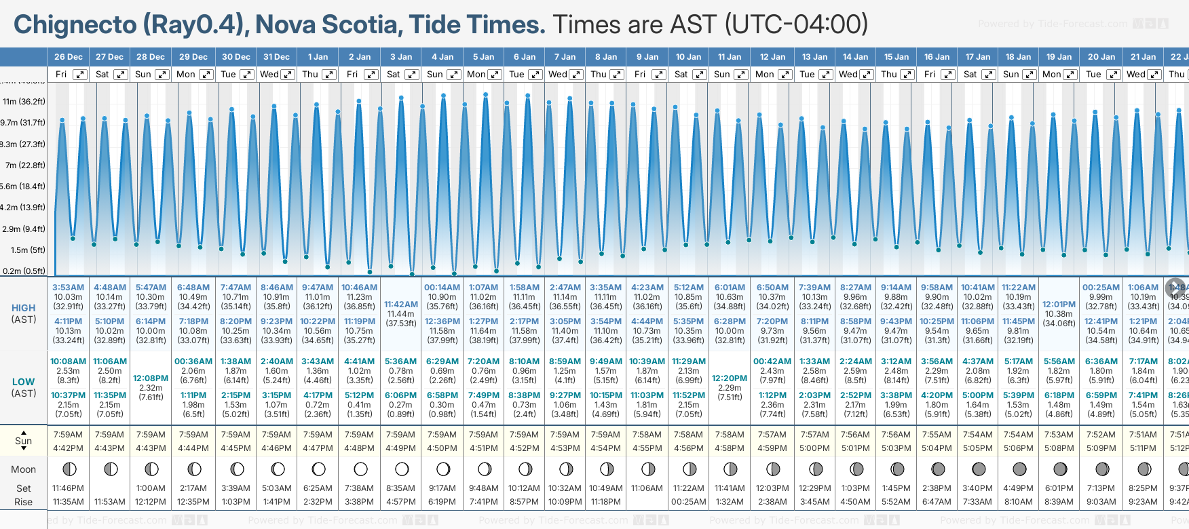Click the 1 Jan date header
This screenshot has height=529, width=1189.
[318, 57]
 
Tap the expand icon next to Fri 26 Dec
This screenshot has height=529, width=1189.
[80, 75]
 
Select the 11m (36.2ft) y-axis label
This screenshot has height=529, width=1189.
[24, 102]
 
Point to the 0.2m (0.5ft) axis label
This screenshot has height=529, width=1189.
[24, 271]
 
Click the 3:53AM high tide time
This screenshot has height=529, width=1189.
[68, 288]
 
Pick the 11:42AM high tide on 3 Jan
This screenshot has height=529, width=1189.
[400, 305]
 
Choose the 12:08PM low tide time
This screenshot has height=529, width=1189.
[151, 378]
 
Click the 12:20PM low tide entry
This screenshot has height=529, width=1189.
[730, 378]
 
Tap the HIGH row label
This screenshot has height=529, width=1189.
[24, 308]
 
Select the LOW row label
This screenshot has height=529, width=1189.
[24, 382]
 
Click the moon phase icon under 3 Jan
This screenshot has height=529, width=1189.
[401, 469]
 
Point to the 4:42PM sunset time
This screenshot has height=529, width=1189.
[68, 448]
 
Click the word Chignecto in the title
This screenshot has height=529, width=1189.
[75, 25]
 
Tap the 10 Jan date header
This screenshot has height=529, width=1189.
[688, 57]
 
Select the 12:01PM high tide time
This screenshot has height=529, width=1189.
[1059, 305]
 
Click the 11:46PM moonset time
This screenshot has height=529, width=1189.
[68, 488]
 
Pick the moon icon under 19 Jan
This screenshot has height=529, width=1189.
[1059, 469]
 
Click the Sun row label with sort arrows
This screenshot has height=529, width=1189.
[24, 441]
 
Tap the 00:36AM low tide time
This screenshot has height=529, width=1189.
[193, 361]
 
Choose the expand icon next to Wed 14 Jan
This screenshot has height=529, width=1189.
[867, 75]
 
